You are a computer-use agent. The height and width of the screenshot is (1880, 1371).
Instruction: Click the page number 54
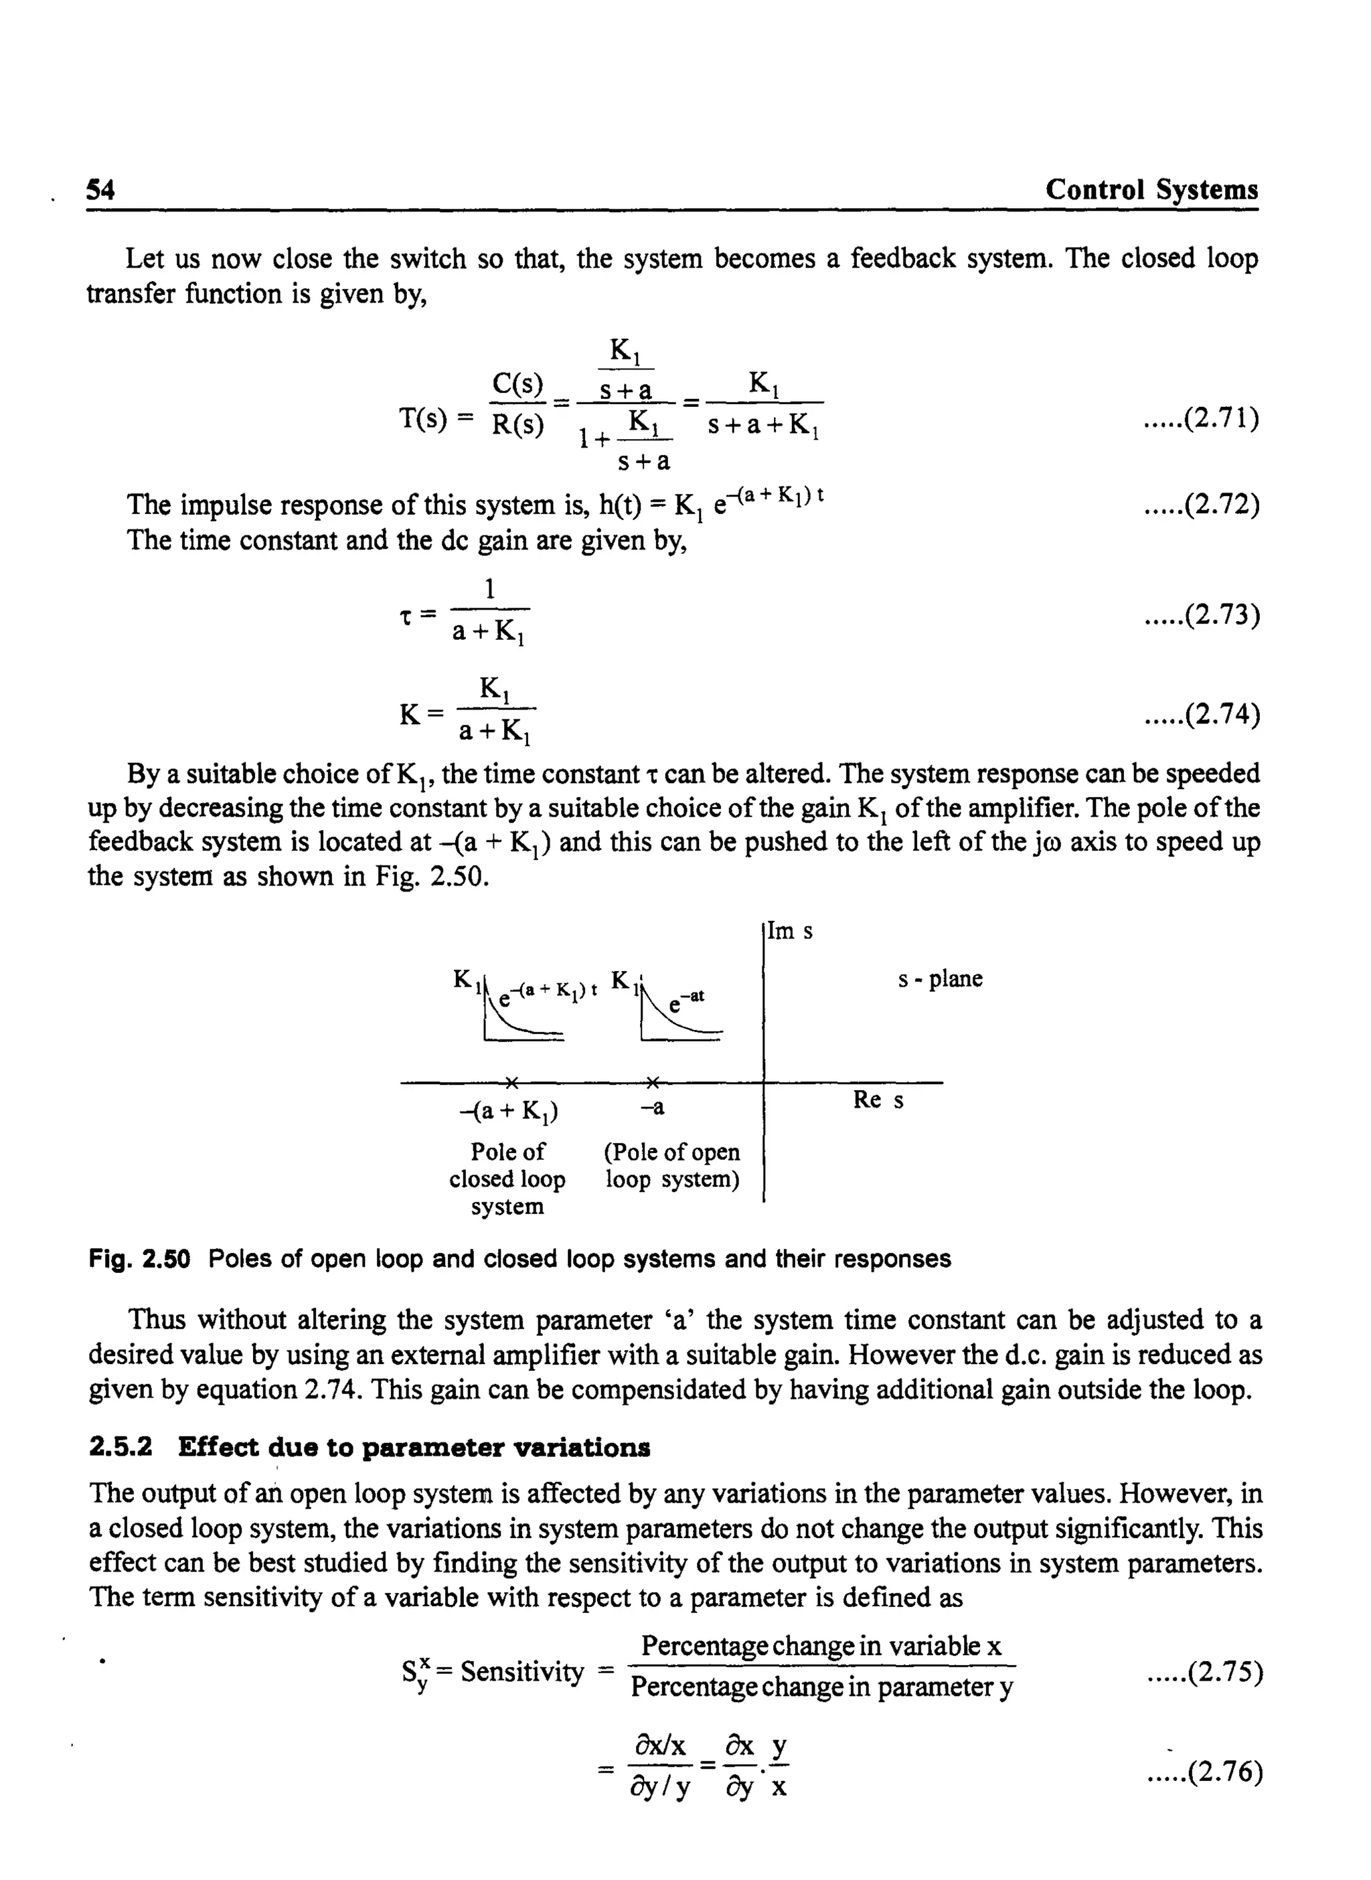tap(100, 191)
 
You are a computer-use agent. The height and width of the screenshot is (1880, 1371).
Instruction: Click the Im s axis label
tap(790, 931)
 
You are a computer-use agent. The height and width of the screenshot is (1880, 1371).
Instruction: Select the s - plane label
tap(939, 979)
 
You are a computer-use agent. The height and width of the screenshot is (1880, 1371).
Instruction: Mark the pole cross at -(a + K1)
tap(512, 1082)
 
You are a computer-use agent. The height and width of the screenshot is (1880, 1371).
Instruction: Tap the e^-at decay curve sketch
tap(681, 1019)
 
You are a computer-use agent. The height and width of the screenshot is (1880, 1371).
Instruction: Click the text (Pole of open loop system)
tap(671, 1166)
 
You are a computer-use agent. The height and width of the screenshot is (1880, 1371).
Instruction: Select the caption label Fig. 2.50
tap(139, 1260)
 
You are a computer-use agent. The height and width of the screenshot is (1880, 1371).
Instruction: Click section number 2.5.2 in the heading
tap(120, 1448)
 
